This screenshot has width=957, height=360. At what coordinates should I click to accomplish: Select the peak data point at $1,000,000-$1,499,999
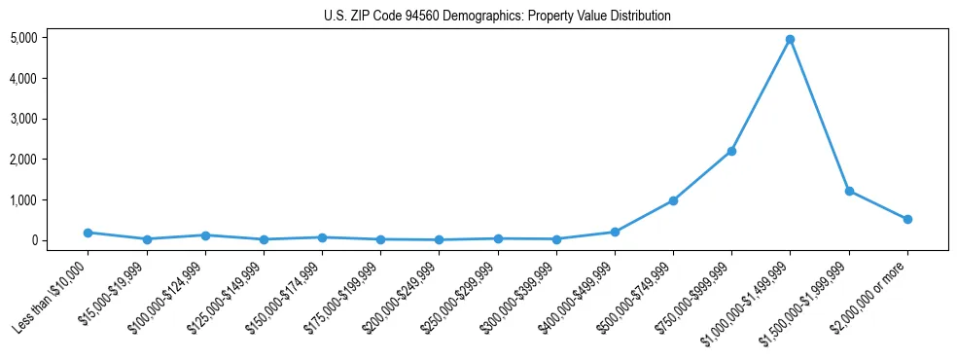pos(790,40)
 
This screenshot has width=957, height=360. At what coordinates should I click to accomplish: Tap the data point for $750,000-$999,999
pos(731,151)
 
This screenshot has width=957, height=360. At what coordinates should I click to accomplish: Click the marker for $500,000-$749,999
pos(673,200)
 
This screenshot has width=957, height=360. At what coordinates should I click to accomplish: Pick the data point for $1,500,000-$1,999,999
pos(849,191)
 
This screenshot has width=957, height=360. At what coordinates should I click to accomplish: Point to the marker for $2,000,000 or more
pos(907,219)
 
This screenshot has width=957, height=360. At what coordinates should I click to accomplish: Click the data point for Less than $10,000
pos(88,233)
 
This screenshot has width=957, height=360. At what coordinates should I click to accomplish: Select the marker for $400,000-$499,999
pos(615,232)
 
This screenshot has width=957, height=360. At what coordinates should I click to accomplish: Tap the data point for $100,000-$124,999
pos(205,235)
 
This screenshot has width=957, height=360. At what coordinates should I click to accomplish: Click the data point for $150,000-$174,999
pos(322,237)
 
